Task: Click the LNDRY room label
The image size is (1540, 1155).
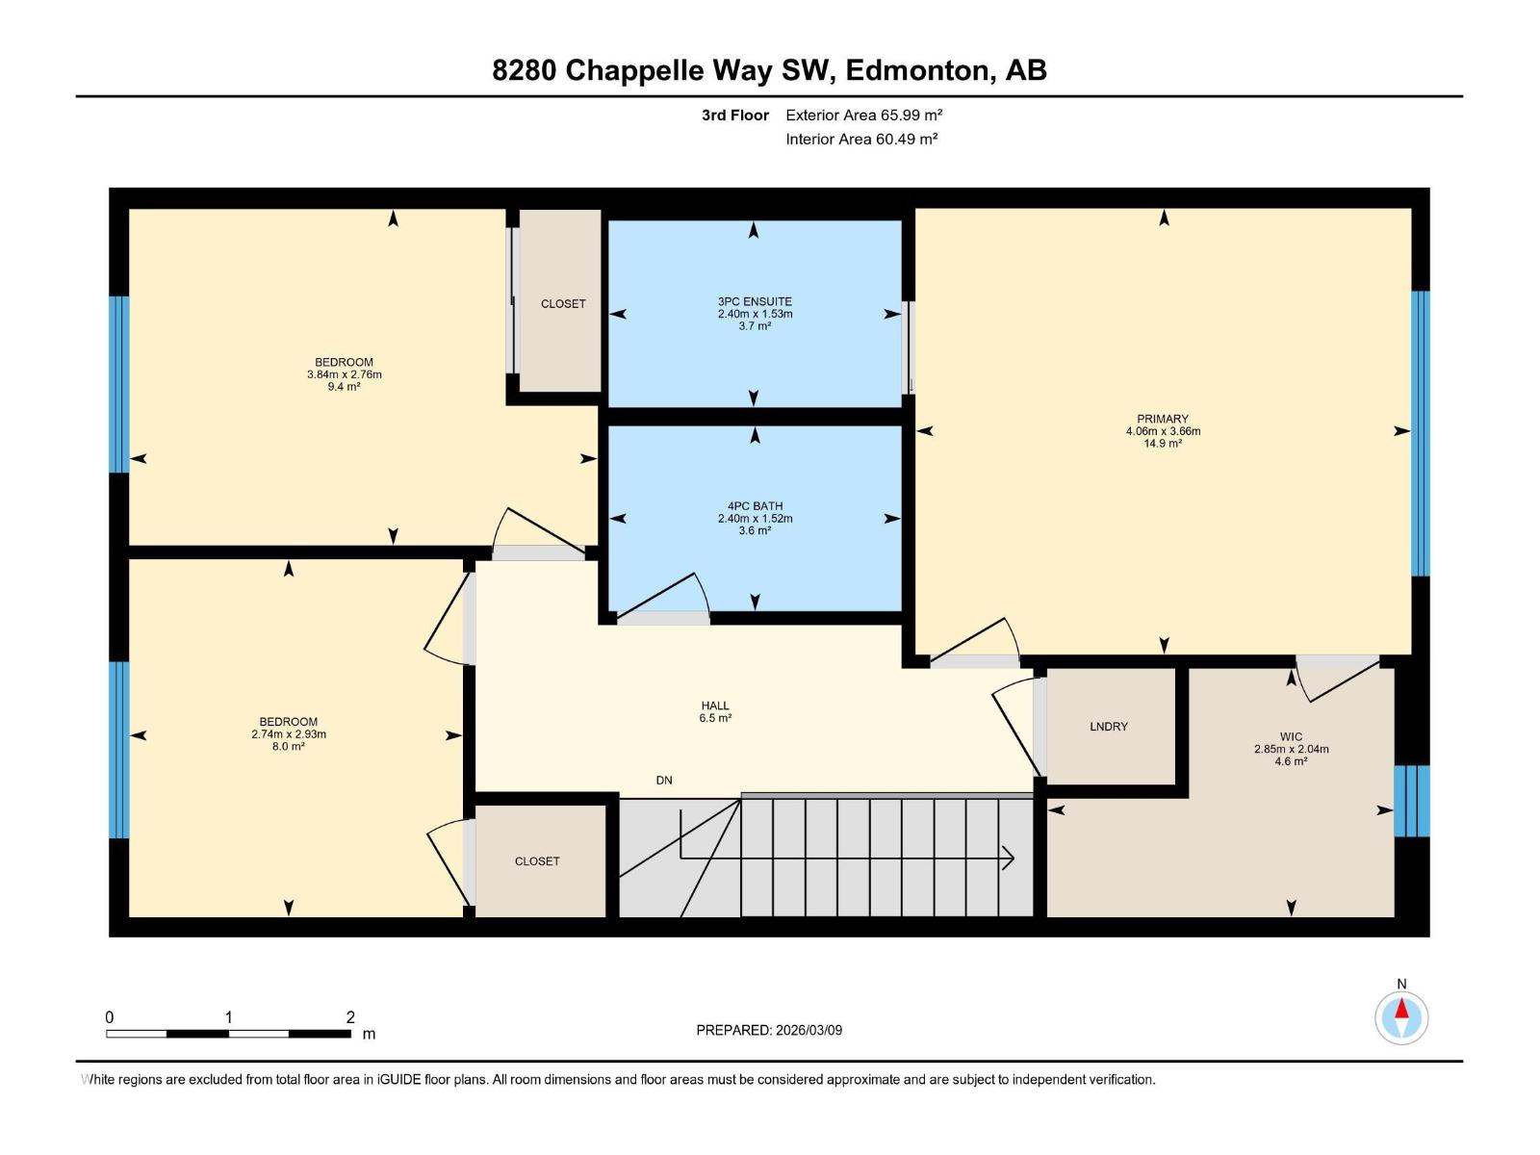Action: pos(1108,727)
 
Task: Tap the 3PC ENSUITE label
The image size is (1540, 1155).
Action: pos(755,301)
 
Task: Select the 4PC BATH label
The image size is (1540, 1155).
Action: pos(755,505)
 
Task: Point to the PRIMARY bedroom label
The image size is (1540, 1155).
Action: pos(1163,419)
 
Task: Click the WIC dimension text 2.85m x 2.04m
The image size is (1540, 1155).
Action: pos(1291,749)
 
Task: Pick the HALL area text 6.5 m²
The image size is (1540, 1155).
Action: pos(715,718)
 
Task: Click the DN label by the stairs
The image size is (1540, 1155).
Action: pos(664,780)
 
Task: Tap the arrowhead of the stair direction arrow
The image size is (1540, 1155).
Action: pos(1008,858)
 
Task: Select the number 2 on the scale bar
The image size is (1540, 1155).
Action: pos(350,1016)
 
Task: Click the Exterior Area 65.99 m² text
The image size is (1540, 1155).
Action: pos(863,115)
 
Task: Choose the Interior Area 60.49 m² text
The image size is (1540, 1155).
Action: pos(861,139)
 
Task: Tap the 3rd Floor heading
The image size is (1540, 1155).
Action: pos(734,115)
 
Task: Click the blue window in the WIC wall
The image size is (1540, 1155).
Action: pos(1412,801)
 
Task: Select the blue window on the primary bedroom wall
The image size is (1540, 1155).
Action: pos(1420,433)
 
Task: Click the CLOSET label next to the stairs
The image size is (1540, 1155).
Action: pos(537,861)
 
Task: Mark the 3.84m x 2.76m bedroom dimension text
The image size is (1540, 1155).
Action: pos(344,374)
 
